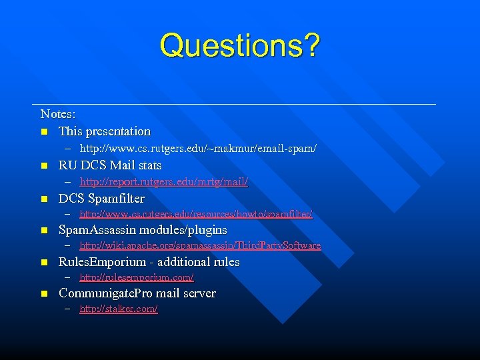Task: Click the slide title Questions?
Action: click(240, 45)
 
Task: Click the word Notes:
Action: click(58, 115)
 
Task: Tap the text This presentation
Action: click(105, 131)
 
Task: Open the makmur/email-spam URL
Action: click(198, 148)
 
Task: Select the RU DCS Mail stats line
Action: click(110, 165)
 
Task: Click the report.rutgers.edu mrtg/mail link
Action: click(164, 181)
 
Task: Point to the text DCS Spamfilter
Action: click(101, 199)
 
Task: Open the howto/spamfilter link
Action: click(196, 214)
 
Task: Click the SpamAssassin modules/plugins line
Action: click(143, 230)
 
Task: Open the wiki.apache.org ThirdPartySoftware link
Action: click(200, 245)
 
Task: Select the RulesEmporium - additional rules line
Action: click(149, 262)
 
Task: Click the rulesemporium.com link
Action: click(137, 277)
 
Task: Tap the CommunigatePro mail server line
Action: click(137, 293)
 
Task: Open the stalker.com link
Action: click(119, 309)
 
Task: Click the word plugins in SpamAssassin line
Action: click(207, 230)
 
